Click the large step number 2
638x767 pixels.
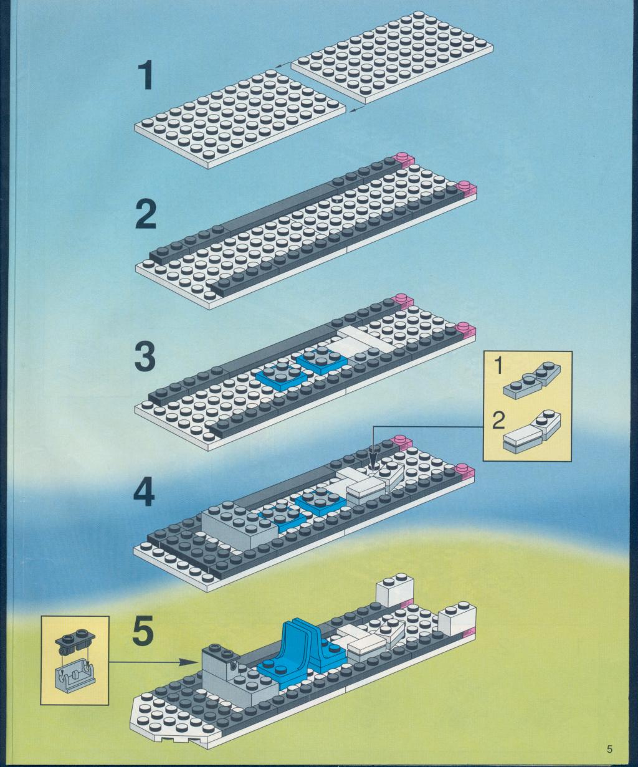(145, 214)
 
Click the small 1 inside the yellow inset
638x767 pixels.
(498, 366)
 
